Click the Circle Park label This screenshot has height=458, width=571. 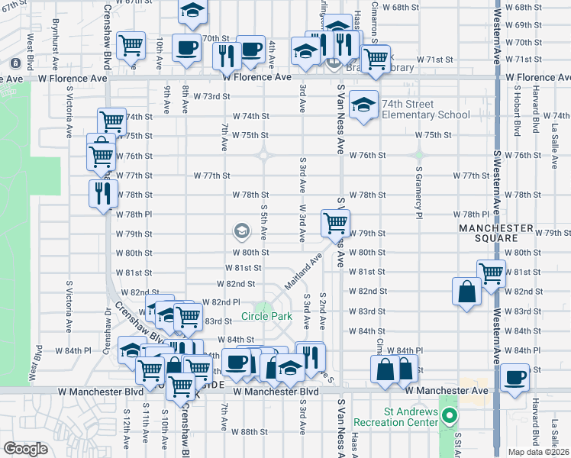[262, 316]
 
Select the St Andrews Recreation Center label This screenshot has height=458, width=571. [395, 417]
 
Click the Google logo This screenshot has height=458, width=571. [25, 449]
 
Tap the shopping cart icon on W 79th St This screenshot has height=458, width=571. [335, 223]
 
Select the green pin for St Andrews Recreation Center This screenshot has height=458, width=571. [450, 418]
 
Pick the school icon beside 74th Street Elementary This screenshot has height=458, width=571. [364, 105]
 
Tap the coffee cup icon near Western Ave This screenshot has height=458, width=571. [515, 378]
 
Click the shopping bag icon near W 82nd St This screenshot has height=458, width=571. [466, 292]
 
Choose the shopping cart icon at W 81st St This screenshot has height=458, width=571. [491, 273]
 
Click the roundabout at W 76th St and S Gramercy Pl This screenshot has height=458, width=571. [419, 155]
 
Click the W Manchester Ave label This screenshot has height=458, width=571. [446, 391]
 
